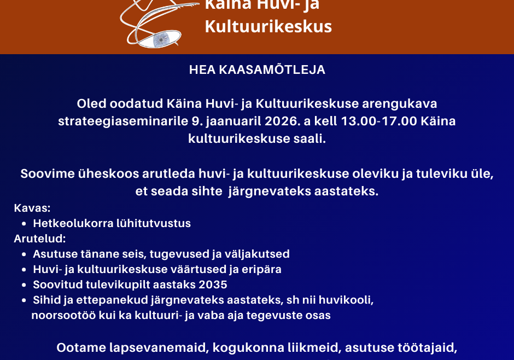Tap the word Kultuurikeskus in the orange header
point(268,26)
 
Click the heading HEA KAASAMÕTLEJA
point(257,70)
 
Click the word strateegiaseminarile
point(115,121)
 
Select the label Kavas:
point(32,208)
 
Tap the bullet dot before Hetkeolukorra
point(25,224)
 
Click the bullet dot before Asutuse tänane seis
point(25,254)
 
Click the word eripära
point(260,269)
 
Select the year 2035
point(212,284)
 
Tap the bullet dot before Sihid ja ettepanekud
point(25,300)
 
